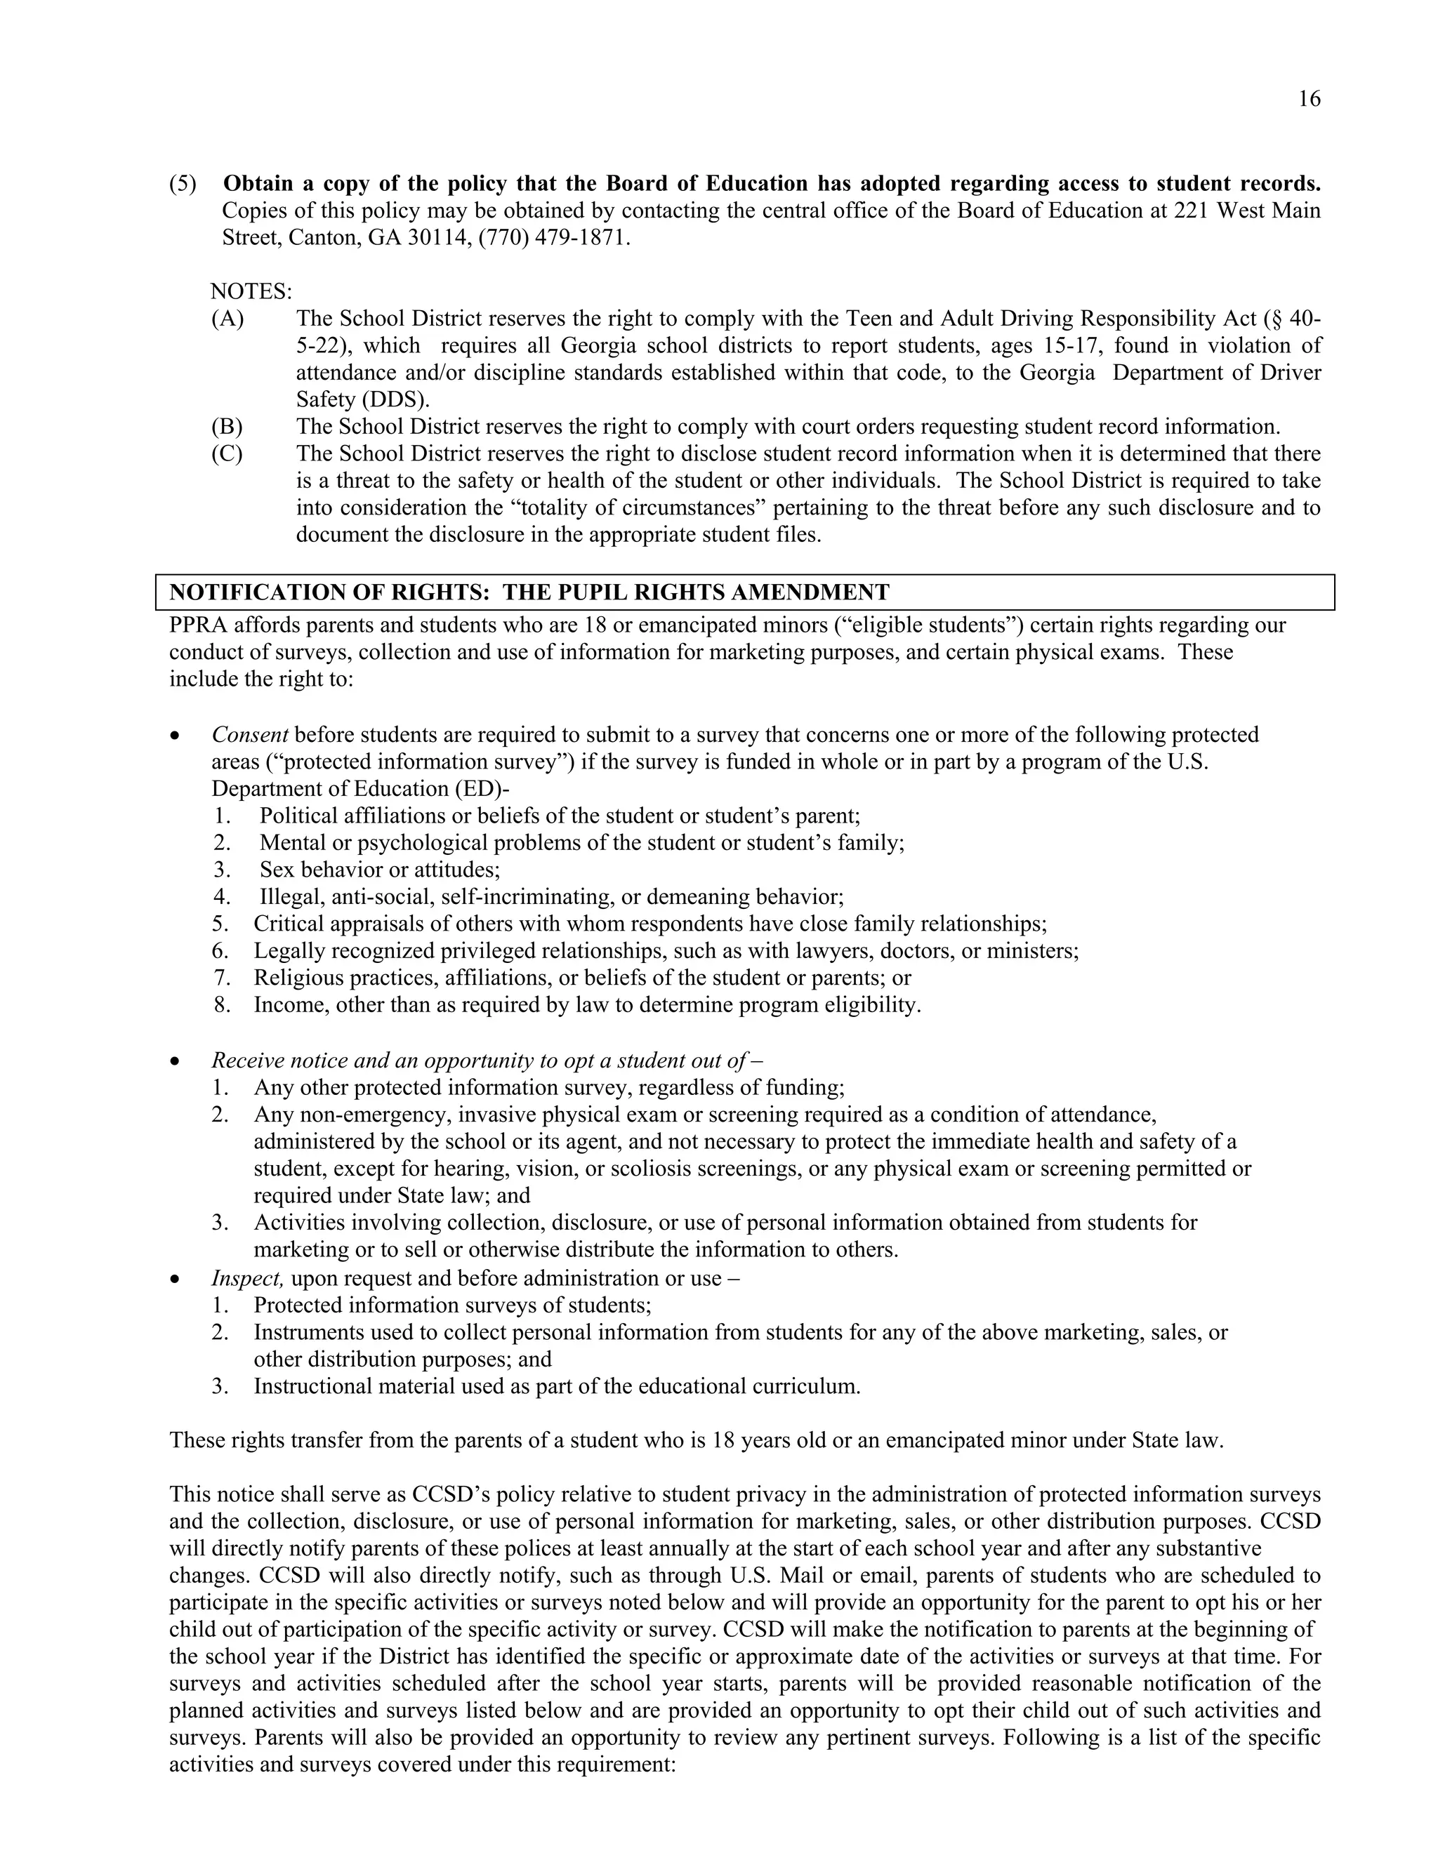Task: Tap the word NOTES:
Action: (251, 292)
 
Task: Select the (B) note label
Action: (227, 427)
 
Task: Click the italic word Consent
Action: (249, 735)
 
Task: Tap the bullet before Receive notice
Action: (175, 1062)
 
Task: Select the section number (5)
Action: (183, 184)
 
